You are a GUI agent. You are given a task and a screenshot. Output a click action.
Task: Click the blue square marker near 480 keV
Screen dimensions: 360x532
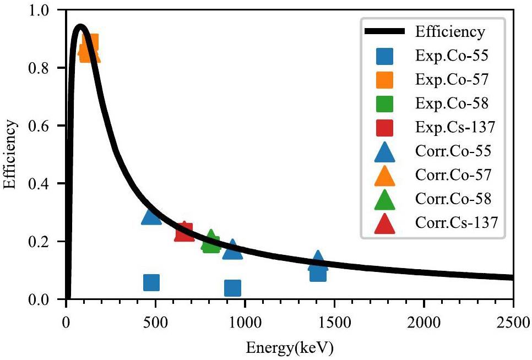[151, 282]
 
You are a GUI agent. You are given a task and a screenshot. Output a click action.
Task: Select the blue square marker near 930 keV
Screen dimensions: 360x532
[232, 287]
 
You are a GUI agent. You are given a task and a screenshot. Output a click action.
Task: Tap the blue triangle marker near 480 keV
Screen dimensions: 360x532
[151, 217]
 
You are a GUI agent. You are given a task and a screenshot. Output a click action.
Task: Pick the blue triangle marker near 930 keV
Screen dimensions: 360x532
[232, 250]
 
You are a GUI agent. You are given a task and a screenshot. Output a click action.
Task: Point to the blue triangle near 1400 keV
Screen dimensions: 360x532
[318, 260]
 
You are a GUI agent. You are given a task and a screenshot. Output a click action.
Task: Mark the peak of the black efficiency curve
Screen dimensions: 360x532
[80, 26]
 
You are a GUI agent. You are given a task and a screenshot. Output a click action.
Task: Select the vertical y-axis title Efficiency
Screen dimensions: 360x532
[9, 155]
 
